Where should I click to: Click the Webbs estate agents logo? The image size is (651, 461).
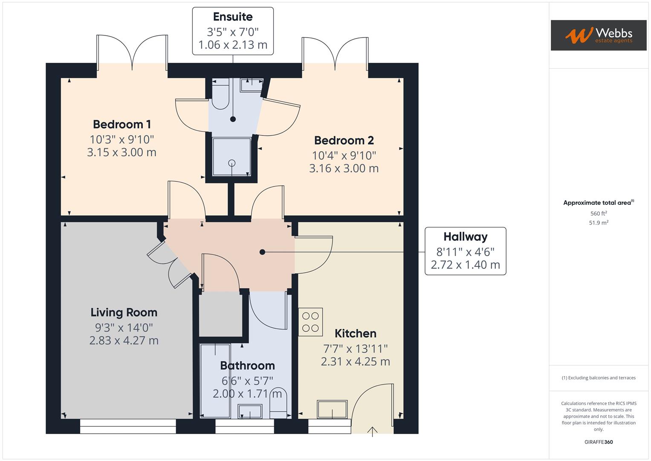pyautogui.click(x=598, y=35)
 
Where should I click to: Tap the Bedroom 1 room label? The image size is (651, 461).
pyautogui.click(x=122, y=124)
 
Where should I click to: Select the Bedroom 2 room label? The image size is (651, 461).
pyautogui.click(x=344, y=140)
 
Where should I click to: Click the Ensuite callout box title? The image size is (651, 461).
pyautogui.click(x=233, y=17)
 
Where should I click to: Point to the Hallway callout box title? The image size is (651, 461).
pyautogui.click(x=465, y=237)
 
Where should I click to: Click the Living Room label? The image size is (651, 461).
pyautogui.click(x=124, y=312)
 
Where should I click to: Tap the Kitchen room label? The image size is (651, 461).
pyautogui.click(x=355, y=333)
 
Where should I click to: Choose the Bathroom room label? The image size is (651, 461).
pyautogui.click(x=247, y=366)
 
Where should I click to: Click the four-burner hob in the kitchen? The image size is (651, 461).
pyautogui.click(x=310, y=322)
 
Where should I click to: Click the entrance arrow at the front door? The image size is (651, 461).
pyautogui.click(x=373, y=431)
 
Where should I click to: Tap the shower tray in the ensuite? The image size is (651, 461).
pyautogui.click(x=232, y=157)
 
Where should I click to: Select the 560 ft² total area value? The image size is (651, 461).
pyautogui.click(x=599, y=213)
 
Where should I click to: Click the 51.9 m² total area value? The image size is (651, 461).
pyautogui.click(x=599, y=223)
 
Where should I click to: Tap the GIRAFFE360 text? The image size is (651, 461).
pyautogui.click(x=599, y=442)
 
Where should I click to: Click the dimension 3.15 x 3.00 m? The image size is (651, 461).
pyautogui.click(x=122, y=152)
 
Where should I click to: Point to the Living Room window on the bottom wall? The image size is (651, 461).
pyautogui.click(x=128, y=426)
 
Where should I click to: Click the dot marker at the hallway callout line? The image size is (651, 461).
pyautogui.click(x=263, y=252)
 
